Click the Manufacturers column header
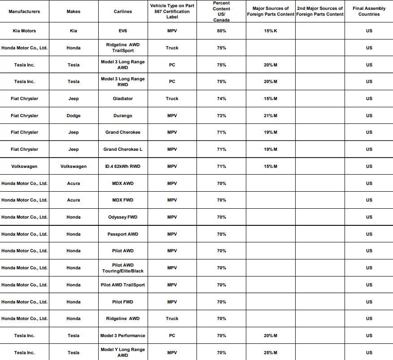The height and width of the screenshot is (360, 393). click(24, 12)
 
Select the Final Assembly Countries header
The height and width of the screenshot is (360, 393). click(369, 12)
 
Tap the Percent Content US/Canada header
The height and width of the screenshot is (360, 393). click(221, 12)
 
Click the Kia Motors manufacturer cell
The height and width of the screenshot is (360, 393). click(24, 31)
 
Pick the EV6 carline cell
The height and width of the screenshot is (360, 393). click(122, 31)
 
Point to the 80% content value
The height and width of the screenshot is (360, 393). click(221, 31)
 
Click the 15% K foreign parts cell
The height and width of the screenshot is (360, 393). click(271, 31)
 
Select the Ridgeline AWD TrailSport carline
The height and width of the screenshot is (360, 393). click(122, 48)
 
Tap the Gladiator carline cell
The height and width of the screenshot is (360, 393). click(122, 99)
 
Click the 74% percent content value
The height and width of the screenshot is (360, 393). click(221, 99)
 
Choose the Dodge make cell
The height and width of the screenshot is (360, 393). click(74, 116)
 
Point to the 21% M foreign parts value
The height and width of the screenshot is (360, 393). click(271, 116)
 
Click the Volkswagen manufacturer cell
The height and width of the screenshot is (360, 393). click(24, 167)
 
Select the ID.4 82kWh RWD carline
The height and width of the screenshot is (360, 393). click(122, 167)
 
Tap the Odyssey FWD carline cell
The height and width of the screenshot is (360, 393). click(122, 217)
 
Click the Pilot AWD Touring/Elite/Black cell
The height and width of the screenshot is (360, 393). click(122, 268)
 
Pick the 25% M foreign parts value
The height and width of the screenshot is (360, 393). click(271, 353)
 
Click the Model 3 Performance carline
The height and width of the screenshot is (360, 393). click(122, 336)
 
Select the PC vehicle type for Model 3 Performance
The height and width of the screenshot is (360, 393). click(172, 336)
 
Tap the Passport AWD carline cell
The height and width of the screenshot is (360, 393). click(122, 234)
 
